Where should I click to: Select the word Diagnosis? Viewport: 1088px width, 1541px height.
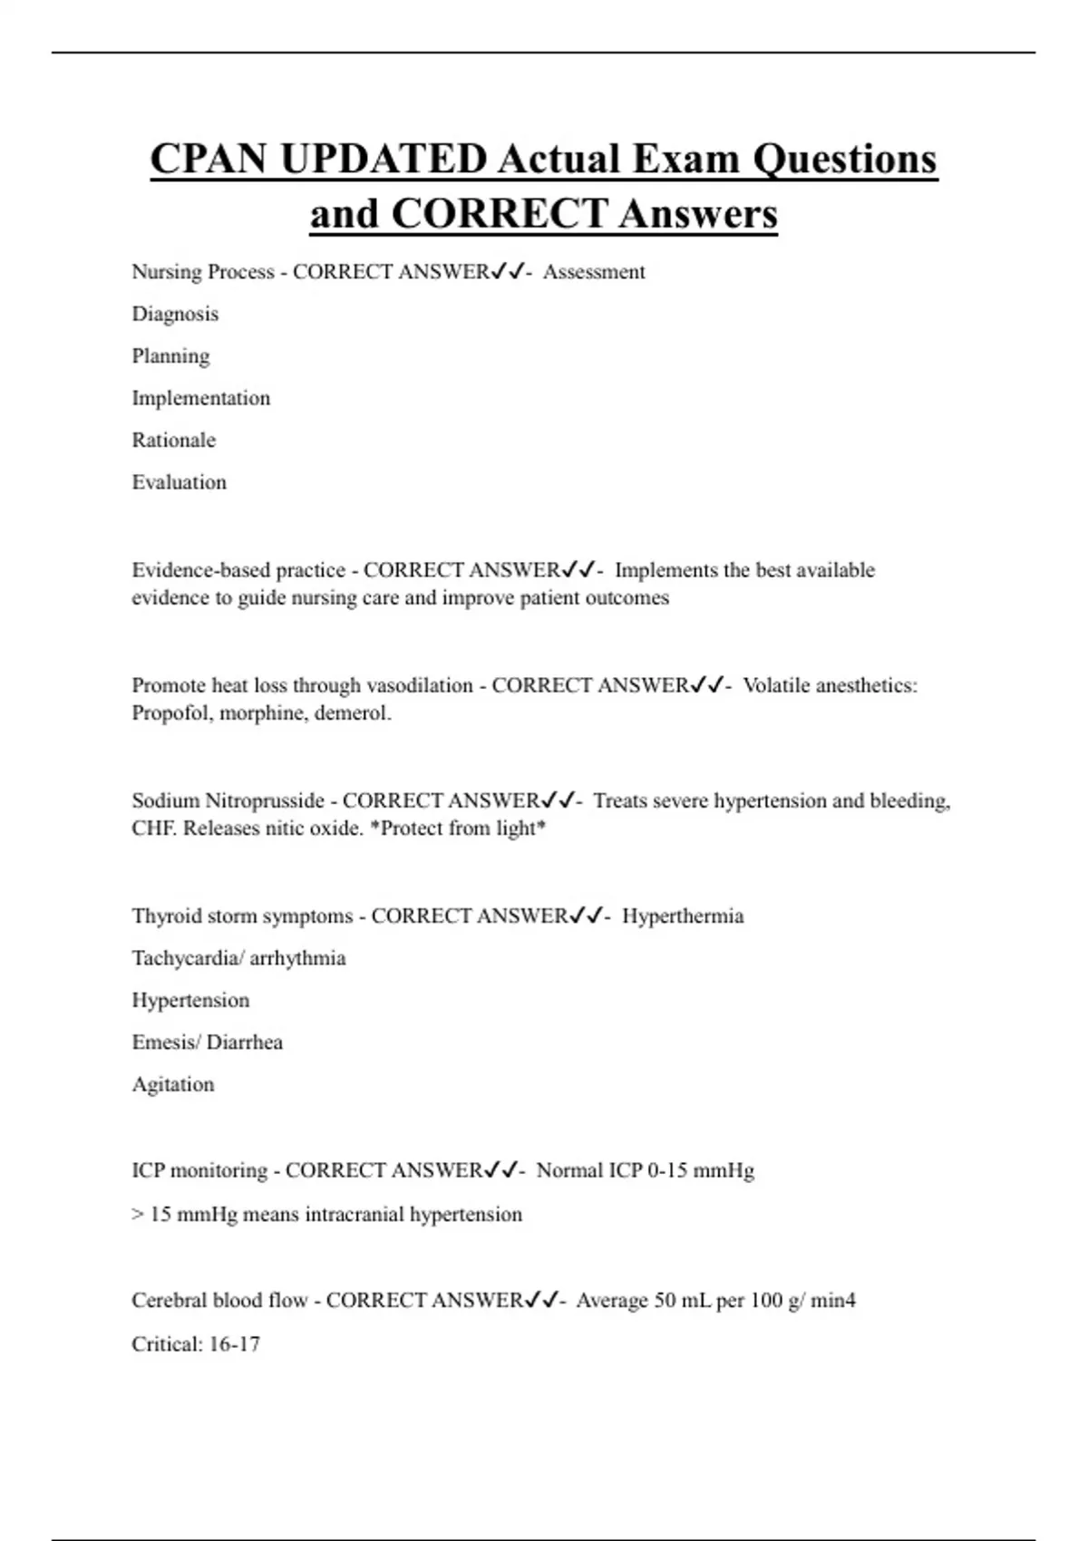pos(175,314)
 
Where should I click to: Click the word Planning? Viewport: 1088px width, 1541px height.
pos(170,356)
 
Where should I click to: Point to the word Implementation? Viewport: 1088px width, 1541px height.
pos(200,398)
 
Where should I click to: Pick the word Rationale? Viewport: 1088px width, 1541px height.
pos(174,440)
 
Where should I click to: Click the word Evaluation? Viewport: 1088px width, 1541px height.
pos(179,482)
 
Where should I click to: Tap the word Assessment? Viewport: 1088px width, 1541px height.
pos(594,272)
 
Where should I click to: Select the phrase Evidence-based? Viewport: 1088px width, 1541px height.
pos(200,570)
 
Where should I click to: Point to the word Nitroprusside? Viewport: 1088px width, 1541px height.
pos(265,801)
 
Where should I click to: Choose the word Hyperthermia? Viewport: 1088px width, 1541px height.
pos(683,916)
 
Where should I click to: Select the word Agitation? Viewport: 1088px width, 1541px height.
pos(173,1084)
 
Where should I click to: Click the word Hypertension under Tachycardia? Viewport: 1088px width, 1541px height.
pos(190,1001)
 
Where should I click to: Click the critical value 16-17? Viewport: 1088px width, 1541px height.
pos(234,1344)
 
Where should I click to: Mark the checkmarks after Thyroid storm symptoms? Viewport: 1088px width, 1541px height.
pos(586,916)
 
